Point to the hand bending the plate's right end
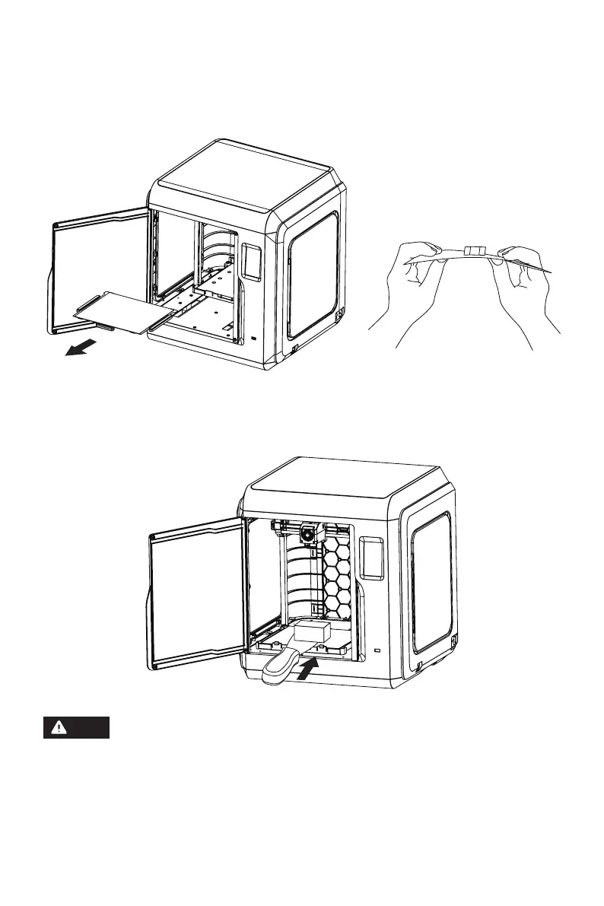pos(525,281)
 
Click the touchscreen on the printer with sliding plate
pos(250,259)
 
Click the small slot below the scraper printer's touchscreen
pos(377,652)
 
